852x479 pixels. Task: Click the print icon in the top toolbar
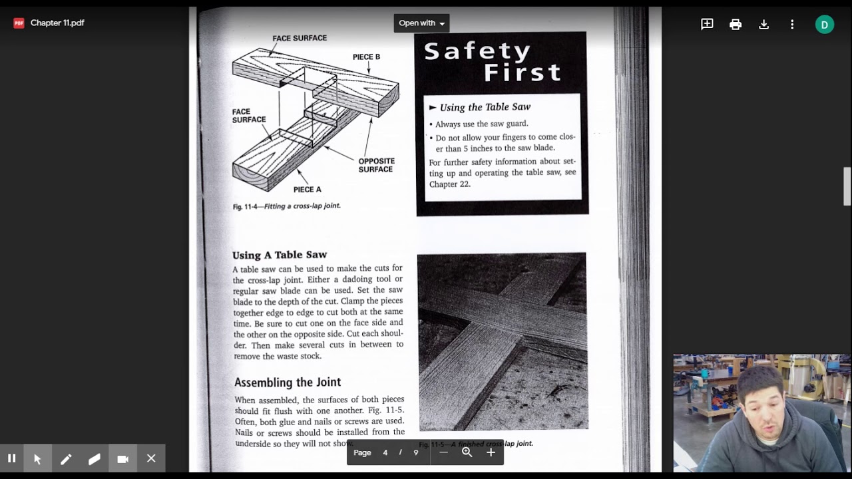(x=736, y=25)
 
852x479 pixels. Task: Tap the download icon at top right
(x=763, y=25)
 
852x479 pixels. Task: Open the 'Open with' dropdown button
(x=421, y=23)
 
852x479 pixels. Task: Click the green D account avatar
(x=824, y=25)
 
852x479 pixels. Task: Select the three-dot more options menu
(x=792, y=25)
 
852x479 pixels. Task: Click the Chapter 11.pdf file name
(x=57, y=23)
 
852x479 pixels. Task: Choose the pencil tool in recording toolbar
(x=66, y=458)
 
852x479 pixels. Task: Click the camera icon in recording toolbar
(x=122, y=458)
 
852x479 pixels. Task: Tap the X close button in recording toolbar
(x=151, y=458)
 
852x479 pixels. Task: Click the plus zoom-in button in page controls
(x=491, y=452)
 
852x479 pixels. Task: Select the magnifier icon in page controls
(x=467, y=452)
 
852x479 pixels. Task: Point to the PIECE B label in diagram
(x=366, y=57)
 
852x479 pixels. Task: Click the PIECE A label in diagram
(x=307, y=190)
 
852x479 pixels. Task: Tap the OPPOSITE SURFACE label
(x=376, y=165)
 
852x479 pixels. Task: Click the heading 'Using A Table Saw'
(x=280, y=255)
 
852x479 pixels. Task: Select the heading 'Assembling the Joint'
(x=287, y=383)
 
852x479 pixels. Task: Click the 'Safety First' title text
(x=493, y=61)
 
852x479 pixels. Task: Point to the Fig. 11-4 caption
(x=286, y=206)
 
